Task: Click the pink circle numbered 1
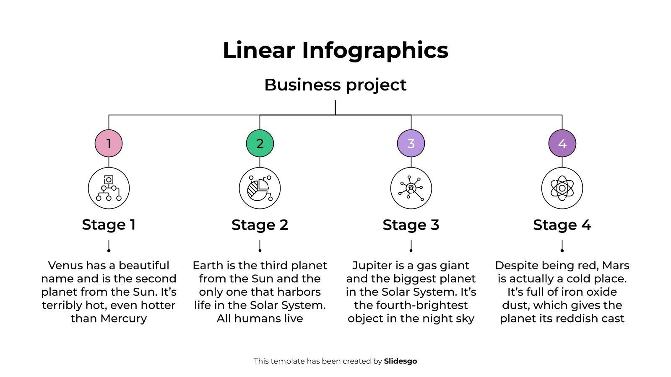tap(109, 143)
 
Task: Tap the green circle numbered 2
tap(260, 143)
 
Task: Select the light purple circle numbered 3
tap(411, 143)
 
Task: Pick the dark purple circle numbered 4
tap(562, 143)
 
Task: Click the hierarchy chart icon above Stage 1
tap(109, 188)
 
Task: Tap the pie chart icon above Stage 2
tap(260, 188)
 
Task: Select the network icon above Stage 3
tap(411, 188)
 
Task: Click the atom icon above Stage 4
tap(562, 188)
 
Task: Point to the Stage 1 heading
tap(109, 225)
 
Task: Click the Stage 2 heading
tap(260, 225)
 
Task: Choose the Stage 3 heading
tap(411, 225)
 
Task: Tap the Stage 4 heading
tap(562, 225)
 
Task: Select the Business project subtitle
tap(335, 85)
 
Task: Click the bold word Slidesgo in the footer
tap(401, 361)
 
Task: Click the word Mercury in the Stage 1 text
tap(124, 319)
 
